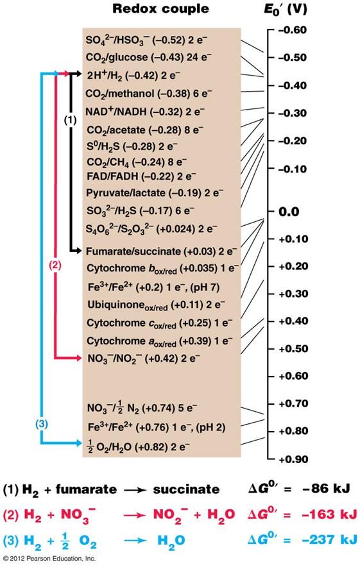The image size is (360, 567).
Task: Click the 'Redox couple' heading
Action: coord(160,9)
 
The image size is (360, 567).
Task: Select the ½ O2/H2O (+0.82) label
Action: coord(140,444)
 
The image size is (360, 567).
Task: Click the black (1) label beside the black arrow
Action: coord(71,119)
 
